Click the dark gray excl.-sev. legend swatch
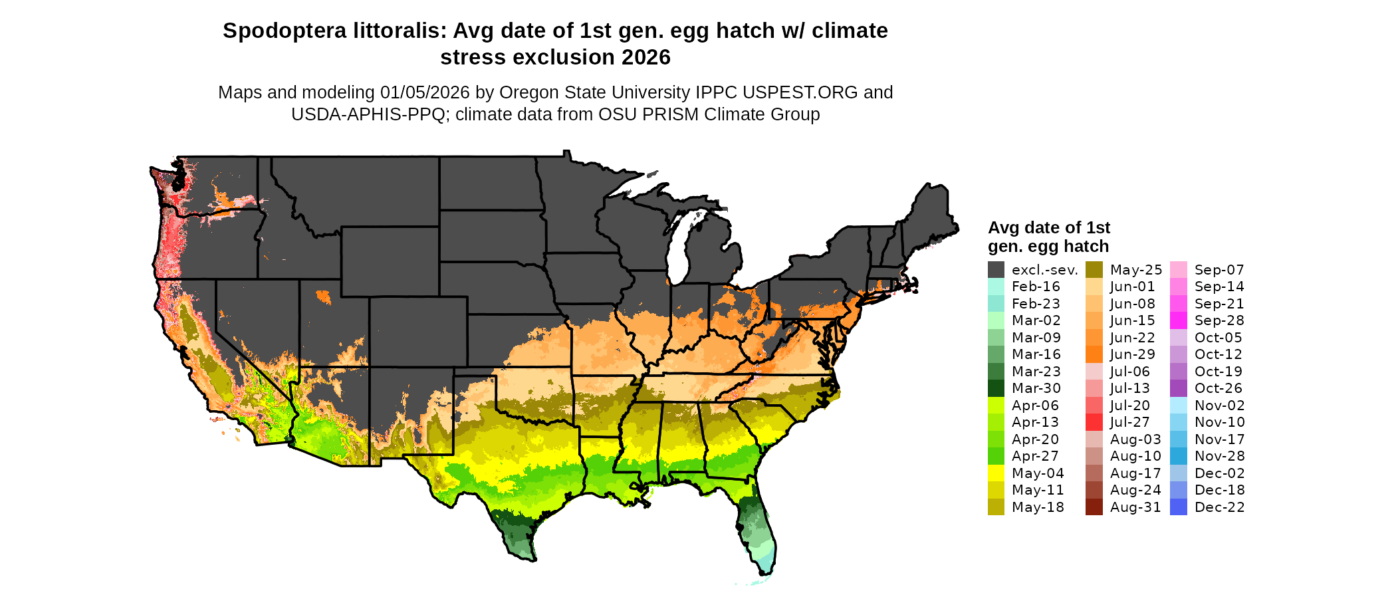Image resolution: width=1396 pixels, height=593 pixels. pyautogui.click(x=996, y=270)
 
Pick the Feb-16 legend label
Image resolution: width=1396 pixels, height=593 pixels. pyautogui.click(x=1036, y=287)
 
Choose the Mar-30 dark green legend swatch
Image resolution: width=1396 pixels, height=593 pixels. pyautogui.click(x=996, y=388)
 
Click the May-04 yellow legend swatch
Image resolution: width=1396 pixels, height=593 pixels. pyautogui.click(x=996, y=473)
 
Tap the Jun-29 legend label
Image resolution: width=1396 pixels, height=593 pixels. pyautogui.click(x=1133, y=354)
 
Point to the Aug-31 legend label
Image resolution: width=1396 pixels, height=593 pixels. pyautogui.click(x=1135, y=507)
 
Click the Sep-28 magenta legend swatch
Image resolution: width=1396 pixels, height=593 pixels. pyautogui.click(x=1179, y=320)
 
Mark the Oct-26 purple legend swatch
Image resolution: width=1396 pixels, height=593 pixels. pyautogui.click(x=1179, y=388)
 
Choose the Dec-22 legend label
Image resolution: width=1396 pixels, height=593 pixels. pyautogui.click(x=1219, y=507)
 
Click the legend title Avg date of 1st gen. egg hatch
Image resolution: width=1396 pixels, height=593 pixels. pyautogui.click(x=1049, y=237)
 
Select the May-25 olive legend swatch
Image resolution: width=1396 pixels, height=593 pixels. pyautogui.click(x=1094, y=270)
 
